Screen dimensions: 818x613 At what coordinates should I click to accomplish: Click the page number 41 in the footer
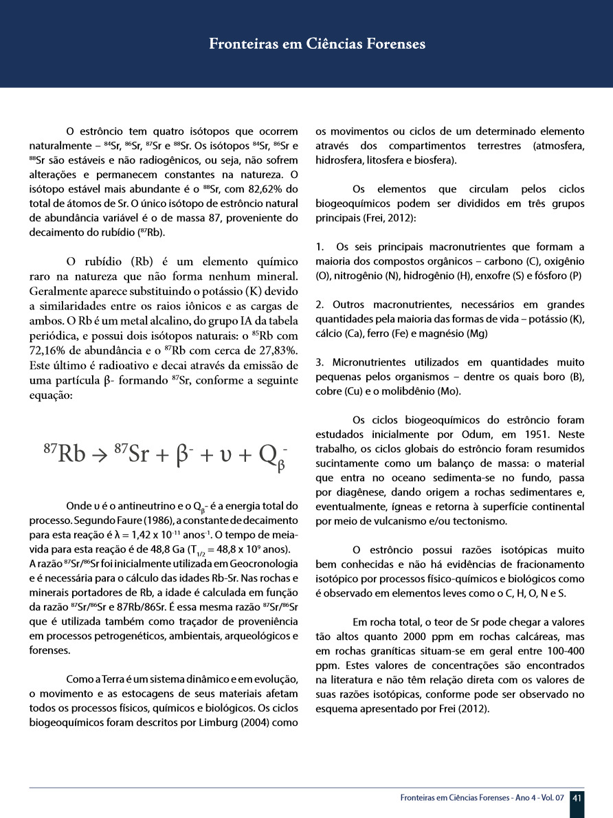pyautogui.click(x=577, y=798)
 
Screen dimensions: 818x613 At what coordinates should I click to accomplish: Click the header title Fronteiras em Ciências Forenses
pyautogui.click(x=317, y=44)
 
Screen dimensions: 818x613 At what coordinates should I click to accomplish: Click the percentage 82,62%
pyautogui.click(x=272, y=189)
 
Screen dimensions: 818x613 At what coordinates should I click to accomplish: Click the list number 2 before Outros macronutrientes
pyautogui.click(x=319, y=304)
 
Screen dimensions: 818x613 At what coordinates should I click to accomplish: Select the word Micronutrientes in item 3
pyautogui.click(x=365, y=362)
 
